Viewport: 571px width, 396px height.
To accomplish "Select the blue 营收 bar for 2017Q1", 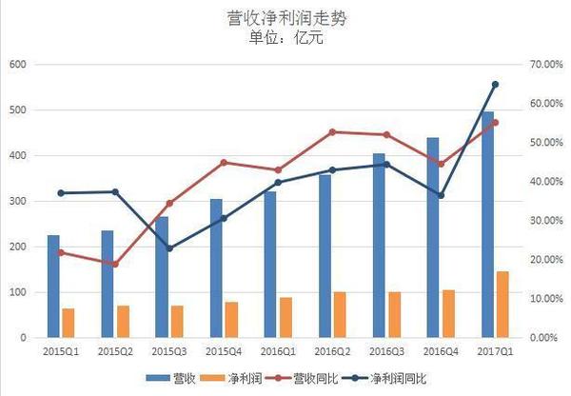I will (x=487, y=225).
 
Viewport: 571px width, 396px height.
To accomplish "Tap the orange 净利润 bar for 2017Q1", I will (x=502, y=305).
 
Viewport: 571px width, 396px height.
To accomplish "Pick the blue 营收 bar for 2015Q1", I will (x=53, y=287).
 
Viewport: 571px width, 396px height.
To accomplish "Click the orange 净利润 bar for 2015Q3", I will (x=177, y=322).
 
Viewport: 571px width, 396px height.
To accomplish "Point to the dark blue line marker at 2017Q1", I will (x=495, y=85).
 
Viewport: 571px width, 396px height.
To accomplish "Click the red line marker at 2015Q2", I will (x=115, y=264).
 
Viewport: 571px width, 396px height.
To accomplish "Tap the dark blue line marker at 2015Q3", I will (x=169, y=248).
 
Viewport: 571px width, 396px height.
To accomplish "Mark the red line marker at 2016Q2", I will (x=332, y=132).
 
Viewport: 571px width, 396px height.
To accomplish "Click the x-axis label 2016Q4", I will (x=441, y=351).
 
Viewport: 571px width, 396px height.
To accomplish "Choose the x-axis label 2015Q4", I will (x=224, y=351).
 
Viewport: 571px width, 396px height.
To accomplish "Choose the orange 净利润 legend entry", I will (x=255, y=378).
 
